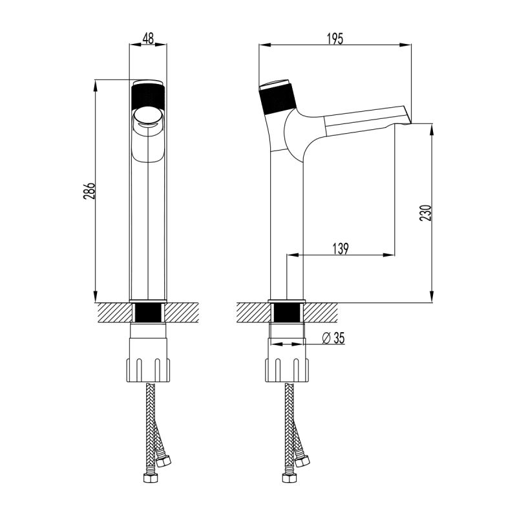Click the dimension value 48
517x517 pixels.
tap(148, 39)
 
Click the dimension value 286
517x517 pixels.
tap(91, 191)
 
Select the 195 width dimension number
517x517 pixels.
tap(334, 39)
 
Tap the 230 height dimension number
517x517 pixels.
tap(425, 213)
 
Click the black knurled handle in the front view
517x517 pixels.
tap(149, 97)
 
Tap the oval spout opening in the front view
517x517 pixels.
tap(148, 118)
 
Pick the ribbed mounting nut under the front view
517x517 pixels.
tap(149, 370)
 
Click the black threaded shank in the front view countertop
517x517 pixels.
tap(149, 313)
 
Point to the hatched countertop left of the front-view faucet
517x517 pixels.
tap(113, 313)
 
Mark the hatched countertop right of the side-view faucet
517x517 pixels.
tap(323, 313)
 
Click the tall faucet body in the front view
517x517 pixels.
tap(149, 226)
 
